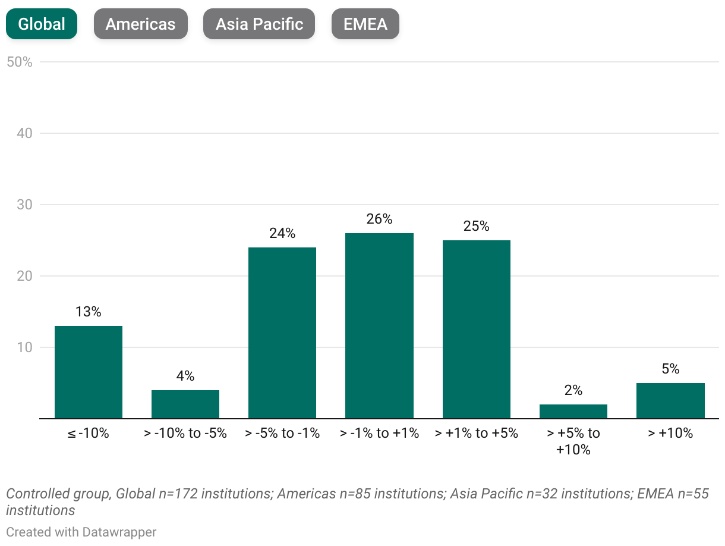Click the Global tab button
tap(42, 24)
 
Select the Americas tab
tap(140, 24)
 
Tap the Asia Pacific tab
tap(259, 24)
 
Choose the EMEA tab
tap(365, 24)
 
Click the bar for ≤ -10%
tap(89, 372)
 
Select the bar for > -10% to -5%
tap(185, 404)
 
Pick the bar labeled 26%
tap(379, 326)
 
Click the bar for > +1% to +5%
tap(476, 330)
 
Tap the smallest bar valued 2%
tap(573, 412)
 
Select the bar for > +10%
tap(670, 401)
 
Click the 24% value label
tap(282, 233)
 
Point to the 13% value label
tap(89, 312)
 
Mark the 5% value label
tap(670, 369)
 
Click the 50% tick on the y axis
tap(19, 62)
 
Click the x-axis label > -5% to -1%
tap(282, 433)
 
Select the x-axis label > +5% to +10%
tap(573, 441)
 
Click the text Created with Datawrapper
tap(81, 532)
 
